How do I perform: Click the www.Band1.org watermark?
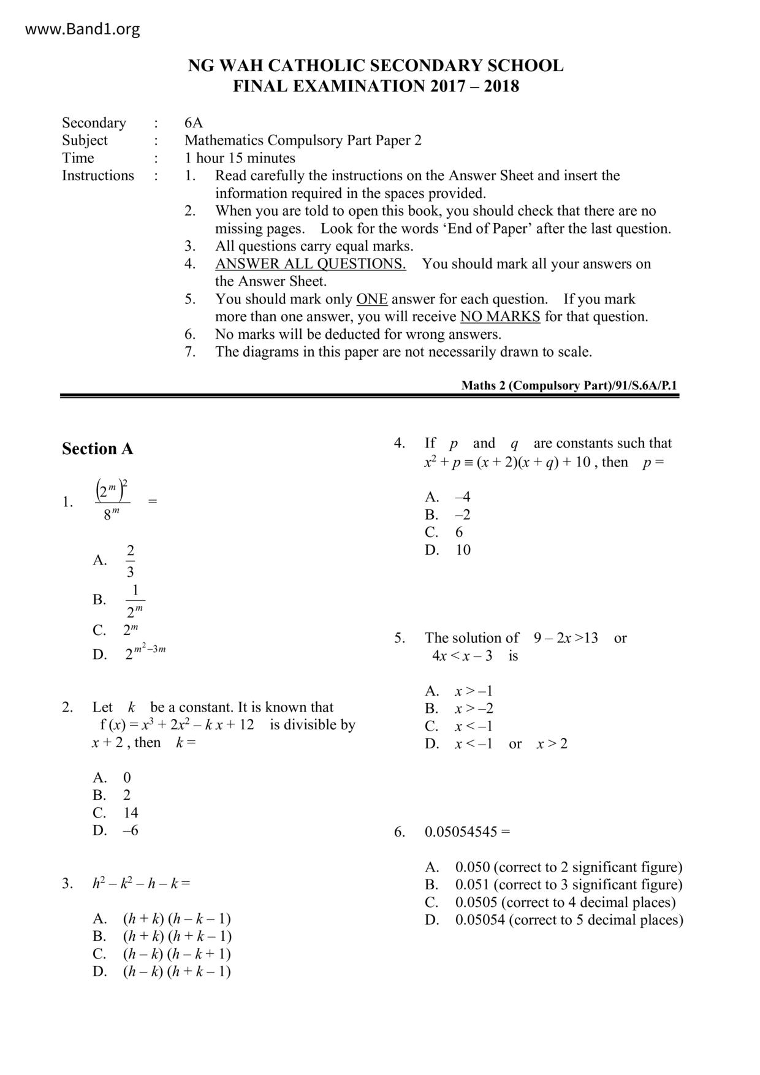tap(83, 29)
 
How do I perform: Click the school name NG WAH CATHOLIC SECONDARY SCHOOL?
tap(375, 66)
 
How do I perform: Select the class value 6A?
tap(194, 123)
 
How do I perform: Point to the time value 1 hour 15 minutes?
tap(240, 158)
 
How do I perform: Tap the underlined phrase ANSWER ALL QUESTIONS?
tap(310, 264)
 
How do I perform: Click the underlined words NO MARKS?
tap(500, 317)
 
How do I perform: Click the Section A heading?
tap(97, 449)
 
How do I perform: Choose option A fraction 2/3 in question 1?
tap(130, 560)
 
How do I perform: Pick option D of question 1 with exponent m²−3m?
tap(145, 653)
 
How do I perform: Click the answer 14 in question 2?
tap(131, 813)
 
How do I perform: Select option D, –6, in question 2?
tap(130, 831)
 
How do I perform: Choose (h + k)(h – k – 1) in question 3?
tap(177, 919)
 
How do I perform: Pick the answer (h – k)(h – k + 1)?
tap(177, 954)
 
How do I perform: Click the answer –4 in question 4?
tap(463, 497)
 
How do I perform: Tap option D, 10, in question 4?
tap(463, 550)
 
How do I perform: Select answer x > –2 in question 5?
tap(474, 709)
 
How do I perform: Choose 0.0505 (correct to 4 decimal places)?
tap(565, 903)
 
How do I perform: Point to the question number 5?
tap(400, 639)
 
